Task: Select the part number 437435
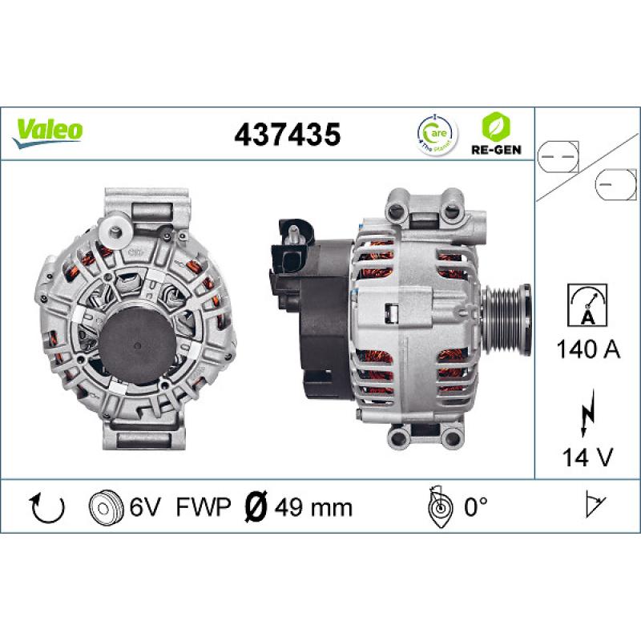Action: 287,134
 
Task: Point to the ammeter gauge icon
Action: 588,305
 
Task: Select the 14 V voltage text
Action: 588,458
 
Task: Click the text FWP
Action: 203,507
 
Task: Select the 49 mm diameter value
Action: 313,507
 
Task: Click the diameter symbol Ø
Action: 255,507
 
